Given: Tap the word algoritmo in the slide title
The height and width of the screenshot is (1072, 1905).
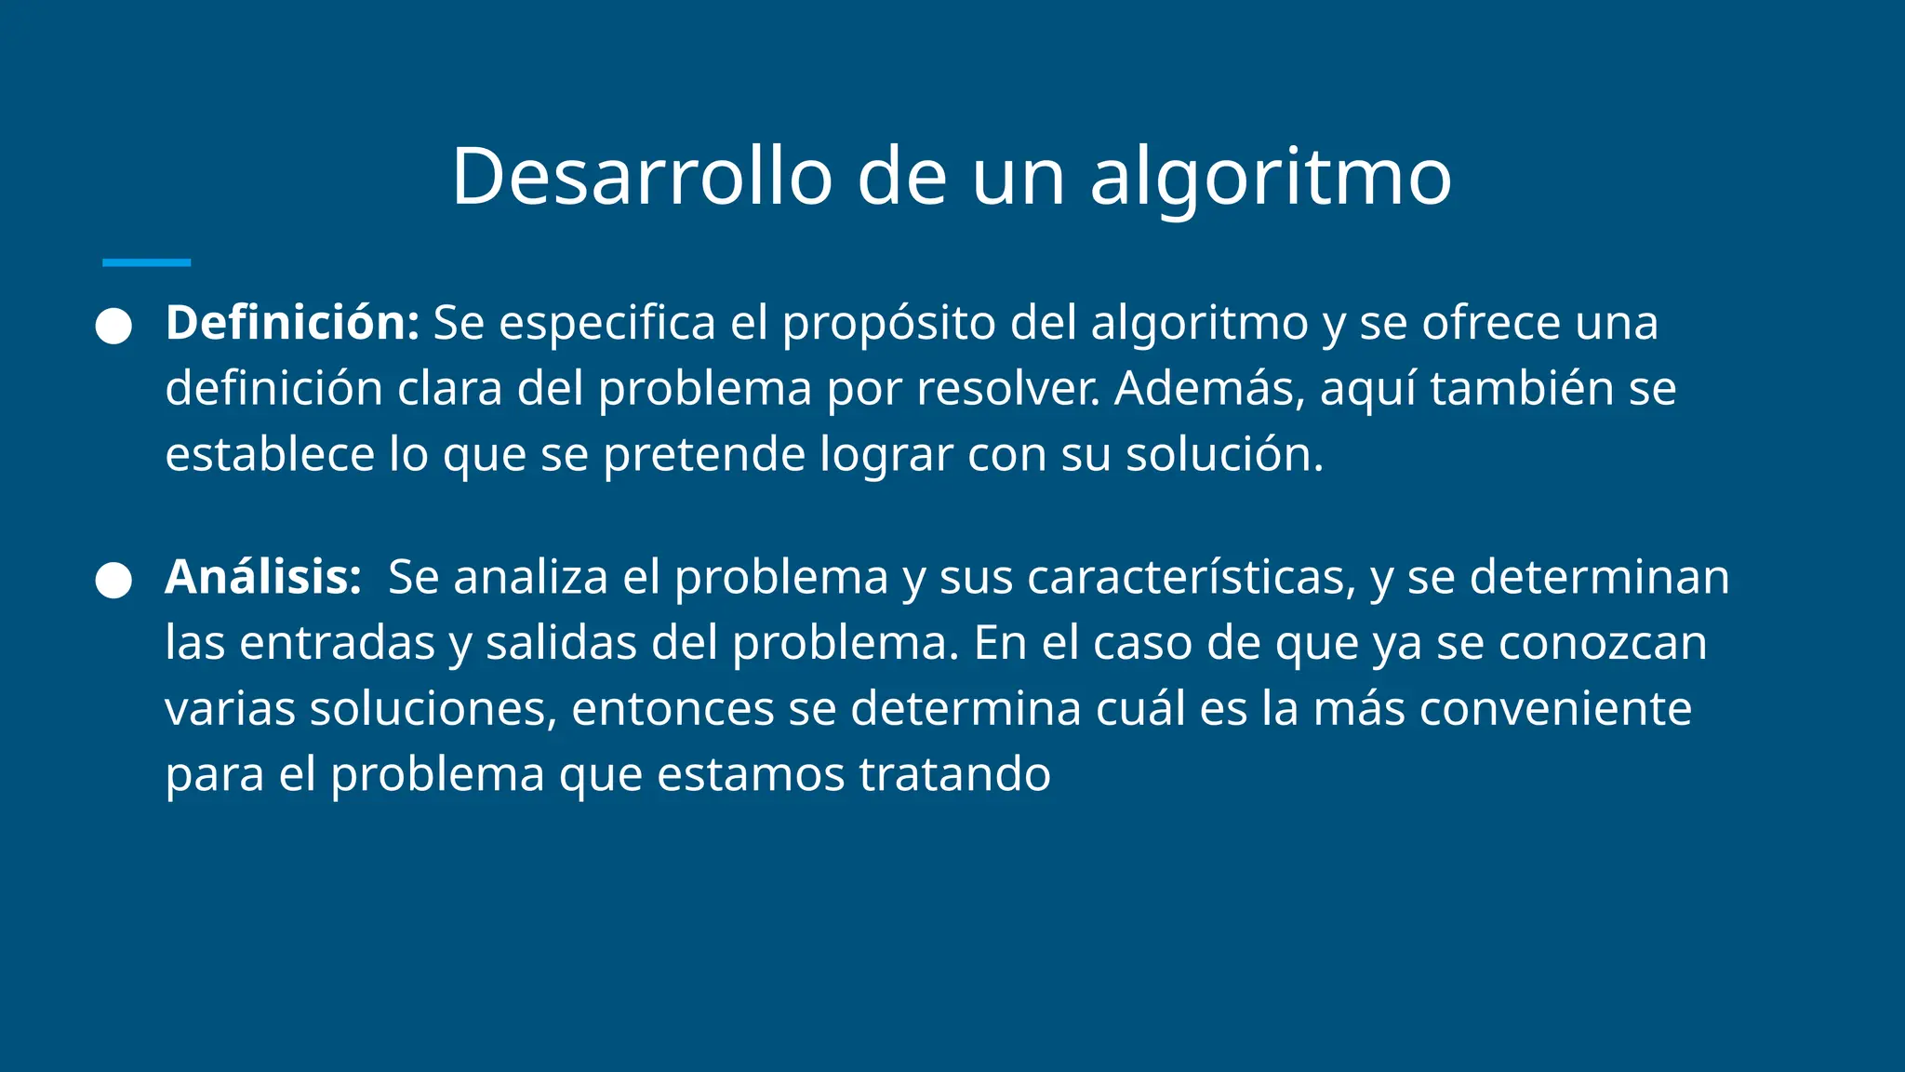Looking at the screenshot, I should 1270,179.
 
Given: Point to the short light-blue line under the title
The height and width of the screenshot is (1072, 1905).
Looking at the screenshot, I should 146,263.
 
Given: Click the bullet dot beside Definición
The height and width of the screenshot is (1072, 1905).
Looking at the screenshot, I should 113,327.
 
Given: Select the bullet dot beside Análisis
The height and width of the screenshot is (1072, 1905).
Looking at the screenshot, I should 113,581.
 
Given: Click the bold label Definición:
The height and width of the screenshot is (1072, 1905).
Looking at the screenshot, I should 292,323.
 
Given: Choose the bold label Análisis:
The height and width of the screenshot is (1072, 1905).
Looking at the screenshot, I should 263,577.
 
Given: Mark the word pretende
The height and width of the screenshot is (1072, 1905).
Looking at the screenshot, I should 703,456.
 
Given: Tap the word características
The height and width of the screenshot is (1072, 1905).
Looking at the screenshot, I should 1191,577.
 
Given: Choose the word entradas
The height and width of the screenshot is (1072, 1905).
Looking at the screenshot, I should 337,643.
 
